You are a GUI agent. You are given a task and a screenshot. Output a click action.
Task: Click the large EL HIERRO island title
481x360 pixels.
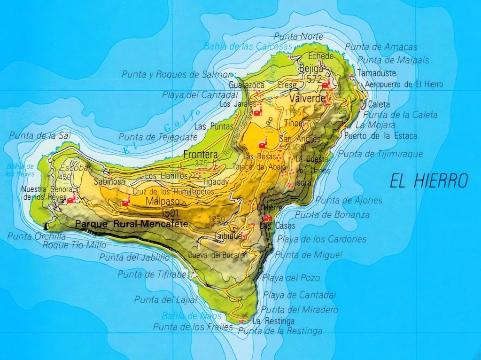click(428, 180)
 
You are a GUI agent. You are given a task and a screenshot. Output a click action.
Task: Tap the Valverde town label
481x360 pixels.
click(308, 99)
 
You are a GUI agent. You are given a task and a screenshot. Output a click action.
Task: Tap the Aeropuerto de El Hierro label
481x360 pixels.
click(403, 85)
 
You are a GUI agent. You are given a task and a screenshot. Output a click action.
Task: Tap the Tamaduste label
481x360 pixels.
click(376, 74)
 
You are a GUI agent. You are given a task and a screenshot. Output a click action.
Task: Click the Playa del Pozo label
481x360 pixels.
click(291, 278)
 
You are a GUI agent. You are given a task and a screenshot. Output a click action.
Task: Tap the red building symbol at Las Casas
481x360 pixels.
click(268, 218)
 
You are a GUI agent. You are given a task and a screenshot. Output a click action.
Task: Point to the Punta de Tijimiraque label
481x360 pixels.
click(380, 154)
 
